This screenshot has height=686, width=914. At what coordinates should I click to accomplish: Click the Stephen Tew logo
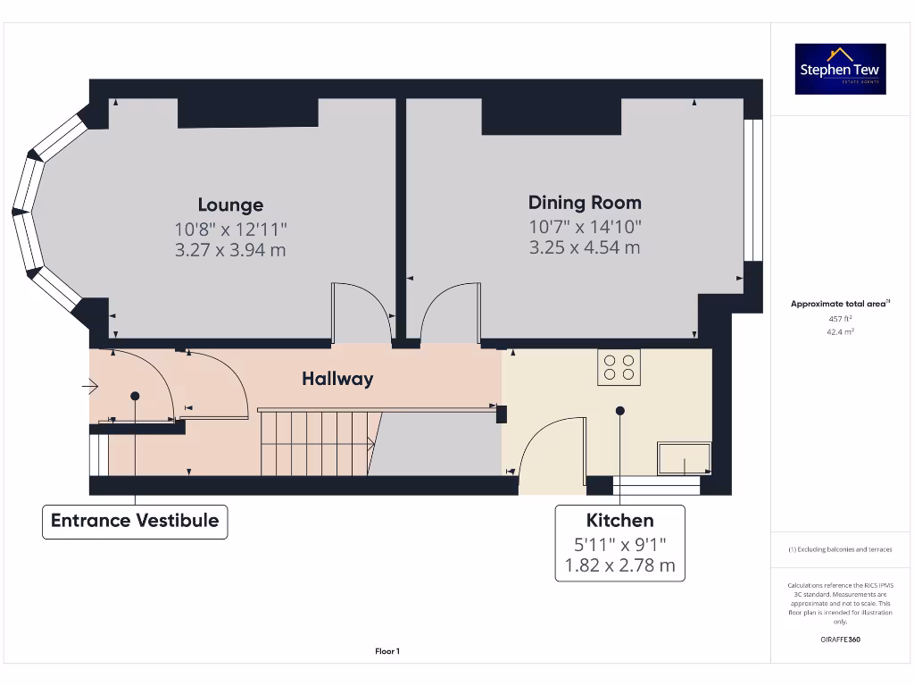[x=840, y=69]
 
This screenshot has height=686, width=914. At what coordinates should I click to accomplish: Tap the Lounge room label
[x=230, y=205]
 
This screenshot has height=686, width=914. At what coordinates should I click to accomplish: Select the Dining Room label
[x=585, y=203]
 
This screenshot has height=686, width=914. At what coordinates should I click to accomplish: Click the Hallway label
[x=337, y=379]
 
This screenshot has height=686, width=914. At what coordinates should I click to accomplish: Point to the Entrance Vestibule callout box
[x=135, y=521]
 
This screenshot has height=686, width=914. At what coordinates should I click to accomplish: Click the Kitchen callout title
[x=619, y=520]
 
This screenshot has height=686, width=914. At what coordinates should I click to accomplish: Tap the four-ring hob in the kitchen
[x=619, y=367]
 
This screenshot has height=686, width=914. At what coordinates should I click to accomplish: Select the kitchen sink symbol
[x=684, y=457]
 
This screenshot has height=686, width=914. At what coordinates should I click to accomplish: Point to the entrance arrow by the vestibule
[x=90, y=387]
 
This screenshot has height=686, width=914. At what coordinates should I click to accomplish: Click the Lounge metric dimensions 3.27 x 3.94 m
[x=230, y=250]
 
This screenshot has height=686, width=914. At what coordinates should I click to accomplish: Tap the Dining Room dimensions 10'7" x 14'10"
[x=585, y=227]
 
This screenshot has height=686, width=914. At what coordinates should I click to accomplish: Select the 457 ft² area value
[x=840, y=318]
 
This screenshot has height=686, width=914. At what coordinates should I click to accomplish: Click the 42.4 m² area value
[x=840, y=331]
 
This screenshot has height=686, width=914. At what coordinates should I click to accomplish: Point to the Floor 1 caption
[x=387, y=652]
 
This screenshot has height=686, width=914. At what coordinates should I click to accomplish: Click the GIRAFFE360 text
[x=840, y=640]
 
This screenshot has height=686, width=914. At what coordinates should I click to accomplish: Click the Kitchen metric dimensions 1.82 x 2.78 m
[x=619, y=565]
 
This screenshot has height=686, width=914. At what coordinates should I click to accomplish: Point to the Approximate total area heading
[x=839, y=304]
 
